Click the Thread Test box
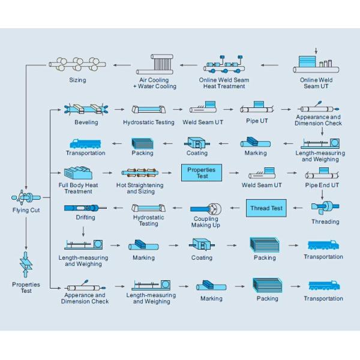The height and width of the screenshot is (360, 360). click(266, 208)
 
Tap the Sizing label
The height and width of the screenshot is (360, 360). click(77, 80)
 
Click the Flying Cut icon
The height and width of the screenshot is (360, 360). click(26, 197)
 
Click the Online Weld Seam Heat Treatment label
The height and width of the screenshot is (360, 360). click(224, 83)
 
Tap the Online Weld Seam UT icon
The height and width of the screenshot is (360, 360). click(316, 62)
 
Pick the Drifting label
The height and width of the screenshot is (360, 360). click(85, 218)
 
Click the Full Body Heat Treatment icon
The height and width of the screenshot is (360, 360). click(77, 173)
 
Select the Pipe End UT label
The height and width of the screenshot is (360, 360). click(322, 185)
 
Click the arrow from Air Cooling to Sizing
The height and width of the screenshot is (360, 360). click(121, 65)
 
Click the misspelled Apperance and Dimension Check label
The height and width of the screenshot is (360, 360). click(85, 298)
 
